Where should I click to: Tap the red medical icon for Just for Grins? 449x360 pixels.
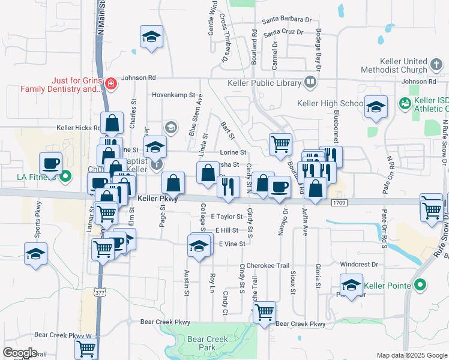pyautogui.click(x=110, y=83)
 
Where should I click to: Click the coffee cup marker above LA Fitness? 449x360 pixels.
pyautogui.click(x=51, y=163)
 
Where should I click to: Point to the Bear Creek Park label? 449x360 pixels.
pyautogui.click(x=208, y=343)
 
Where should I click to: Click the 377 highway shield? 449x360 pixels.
pyautogui.click(x=99, y=292)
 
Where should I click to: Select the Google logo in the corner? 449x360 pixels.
pyautogui.click(x=20, y=353)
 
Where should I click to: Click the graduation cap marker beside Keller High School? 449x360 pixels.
pyautogui.click(x=376, y=107)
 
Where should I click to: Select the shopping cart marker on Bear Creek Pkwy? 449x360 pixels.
pyautogui.click(x=264, y=311)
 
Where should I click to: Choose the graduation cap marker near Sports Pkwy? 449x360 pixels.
pyautogui.click(x=35, y=254)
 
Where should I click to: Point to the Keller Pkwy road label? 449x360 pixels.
pyautogui.click(x=158, y=199)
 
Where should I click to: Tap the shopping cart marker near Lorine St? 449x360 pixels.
pyautogui.click(x=280, y=144)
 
